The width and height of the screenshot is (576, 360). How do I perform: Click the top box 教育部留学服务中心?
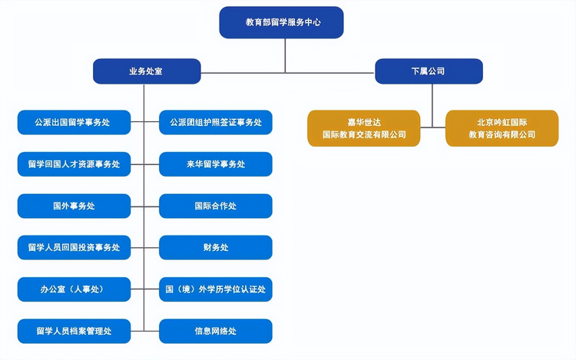[x=281, y=22]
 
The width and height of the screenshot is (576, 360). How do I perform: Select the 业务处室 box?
[x=147, y=71]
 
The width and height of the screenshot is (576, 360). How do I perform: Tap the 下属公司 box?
[x=429, y=71]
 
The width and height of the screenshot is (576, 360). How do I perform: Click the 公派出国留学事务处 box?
[x=74, y=122]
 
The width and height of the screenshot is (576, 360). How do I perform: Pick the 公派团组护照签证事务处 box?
[x=216, y=122]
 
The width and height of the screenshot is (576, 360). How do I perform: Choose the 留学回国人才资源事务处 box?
[x=74, y=164]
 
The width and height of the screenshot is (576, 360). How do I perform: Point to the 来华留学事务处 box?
[x=216, y=164]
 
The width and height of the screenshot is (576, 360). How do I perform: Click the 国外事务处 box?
[x=74, y=206]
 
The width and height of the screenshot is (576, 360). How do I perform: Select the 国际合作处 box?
[x=216, y=206]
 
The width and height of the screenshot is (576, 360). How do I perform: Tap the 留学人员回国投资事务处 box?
[x=74, y=247]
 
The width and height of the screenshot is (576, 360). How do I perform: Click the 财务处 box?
[x=216, y=247]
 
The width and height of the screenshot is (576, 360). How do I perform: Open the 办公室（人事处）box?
[x=74, y=289]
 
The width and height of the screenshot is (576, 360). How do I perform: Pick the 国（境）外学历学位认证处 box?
[x=216, y=289]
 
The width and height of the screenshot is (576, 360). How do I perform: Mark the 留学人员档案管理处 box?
[x=74, y=331]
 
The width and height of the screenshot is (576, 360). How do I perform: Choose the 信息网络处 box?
[x=216, y=331]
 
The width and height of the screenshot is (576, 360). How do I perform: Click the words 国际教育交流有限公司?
[x=364, y=135]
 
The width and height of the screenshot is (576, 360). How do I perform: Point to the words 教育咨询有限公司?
[x=502, y=135]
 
